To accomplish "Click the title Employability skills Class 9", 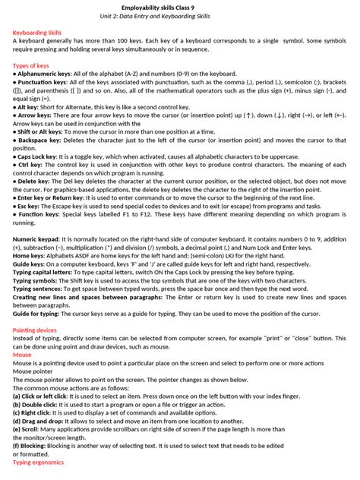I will (x=180, y=6).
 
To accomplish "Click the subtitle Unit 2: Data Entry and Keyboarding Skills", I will (x=180, y=15).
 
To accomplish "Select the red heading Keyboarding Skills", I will (x=38, y=33).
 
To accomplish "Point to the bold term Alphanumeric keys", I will (x=44, y=74).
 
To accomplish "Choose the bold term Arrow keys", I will (x=34, y=115).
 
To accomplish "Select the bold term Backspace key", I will (x=38, y=141).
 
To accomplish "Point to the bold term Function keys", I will (x=38, y=215).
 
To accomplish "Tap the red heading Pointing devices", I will (x=35, y=330).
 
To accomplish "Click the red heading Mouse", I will (x=22, y=355).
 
